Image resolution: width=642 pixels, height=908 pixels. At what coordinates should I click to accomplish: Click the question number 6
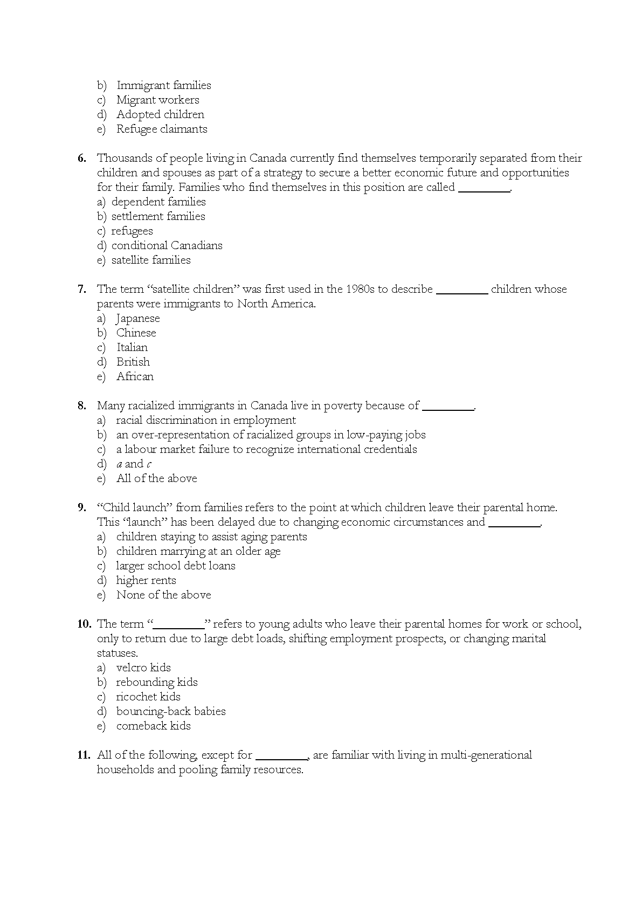(82, 158)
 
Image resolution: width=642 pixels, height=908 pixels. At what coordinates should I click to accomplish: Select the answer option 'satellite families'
(151, 260)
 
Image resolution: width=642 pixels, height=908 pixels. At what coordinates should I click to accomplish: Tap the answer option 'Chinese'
(136, 333)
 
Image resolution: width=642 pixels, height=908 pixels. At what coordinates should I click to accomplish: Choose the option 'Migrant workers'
(157, 100)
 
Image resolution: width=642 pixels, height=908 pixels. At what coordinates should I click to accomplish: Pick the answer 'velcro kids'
(143, 668)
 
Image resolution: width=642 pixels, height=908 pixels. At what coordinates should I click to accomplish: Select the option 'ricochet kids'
(148, 697)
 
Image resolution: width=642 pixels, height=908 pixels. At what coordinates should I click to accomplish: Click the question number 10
(85, 624)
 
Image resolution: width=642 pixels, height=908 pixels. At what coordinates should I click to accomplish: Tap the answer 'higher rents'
(146, 580)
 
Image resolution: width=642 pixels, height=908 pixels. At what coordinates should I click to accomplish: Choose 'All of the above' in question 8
(156, 478)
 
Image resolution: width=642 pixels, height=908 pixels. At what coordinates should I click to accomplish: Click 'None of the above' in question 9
(163, 595)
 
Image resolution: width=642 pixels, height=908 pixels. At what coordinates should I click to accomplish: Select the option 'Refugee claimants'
(162, 129)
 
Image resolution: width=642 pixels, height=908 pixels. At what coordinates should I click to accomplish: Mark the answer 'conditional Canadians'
(167, 245)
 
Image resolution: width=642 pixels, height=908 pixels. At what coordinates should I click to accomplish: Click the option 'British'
(133, 362)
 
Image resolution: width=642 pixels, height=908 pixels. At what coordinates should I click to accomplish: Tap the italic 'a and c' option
(134, 464)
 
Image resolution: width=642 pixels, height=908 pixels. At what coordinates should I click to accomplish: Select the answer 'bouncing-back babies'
(171, 711)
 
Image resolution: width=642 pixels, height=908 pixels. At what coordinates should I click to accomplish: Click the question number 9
(82, 507)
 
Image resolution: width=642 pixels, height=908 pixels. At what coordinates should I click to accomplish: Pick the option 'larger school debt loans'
(176, 566)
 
